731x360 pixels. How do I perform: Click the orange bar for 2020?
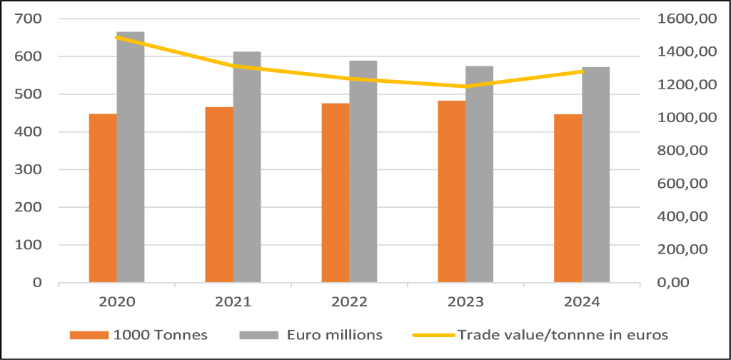click(x=103, y=198)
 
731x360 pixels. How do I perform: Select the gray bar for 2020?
click(x=131, y=157)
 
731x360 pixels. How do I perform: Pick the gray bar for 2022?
click(x=363, y=171)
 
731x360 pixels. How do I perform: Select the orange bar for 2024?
click(x=568, y=198)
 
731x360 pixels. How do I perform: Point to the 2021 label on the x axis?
click(x=233, y=302)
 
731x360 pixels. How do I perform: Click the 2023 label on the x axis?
click(x=465, y=302)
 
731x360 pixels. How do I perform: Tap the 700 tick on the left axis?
click(x=30, y=19)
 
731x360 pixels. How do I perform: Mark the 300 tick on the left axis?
click(x=30, y=170)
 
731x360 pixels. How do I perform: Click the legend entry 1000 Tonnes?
click(x=154, y=334)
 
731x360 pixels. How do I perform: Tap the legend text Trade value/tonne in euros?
click(x=562, y=334)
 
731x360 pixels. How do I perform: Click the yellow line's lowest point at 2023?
click(x=465, y=86)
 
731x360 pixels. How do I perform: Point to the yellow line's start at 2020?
click(x=117, y=37)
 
